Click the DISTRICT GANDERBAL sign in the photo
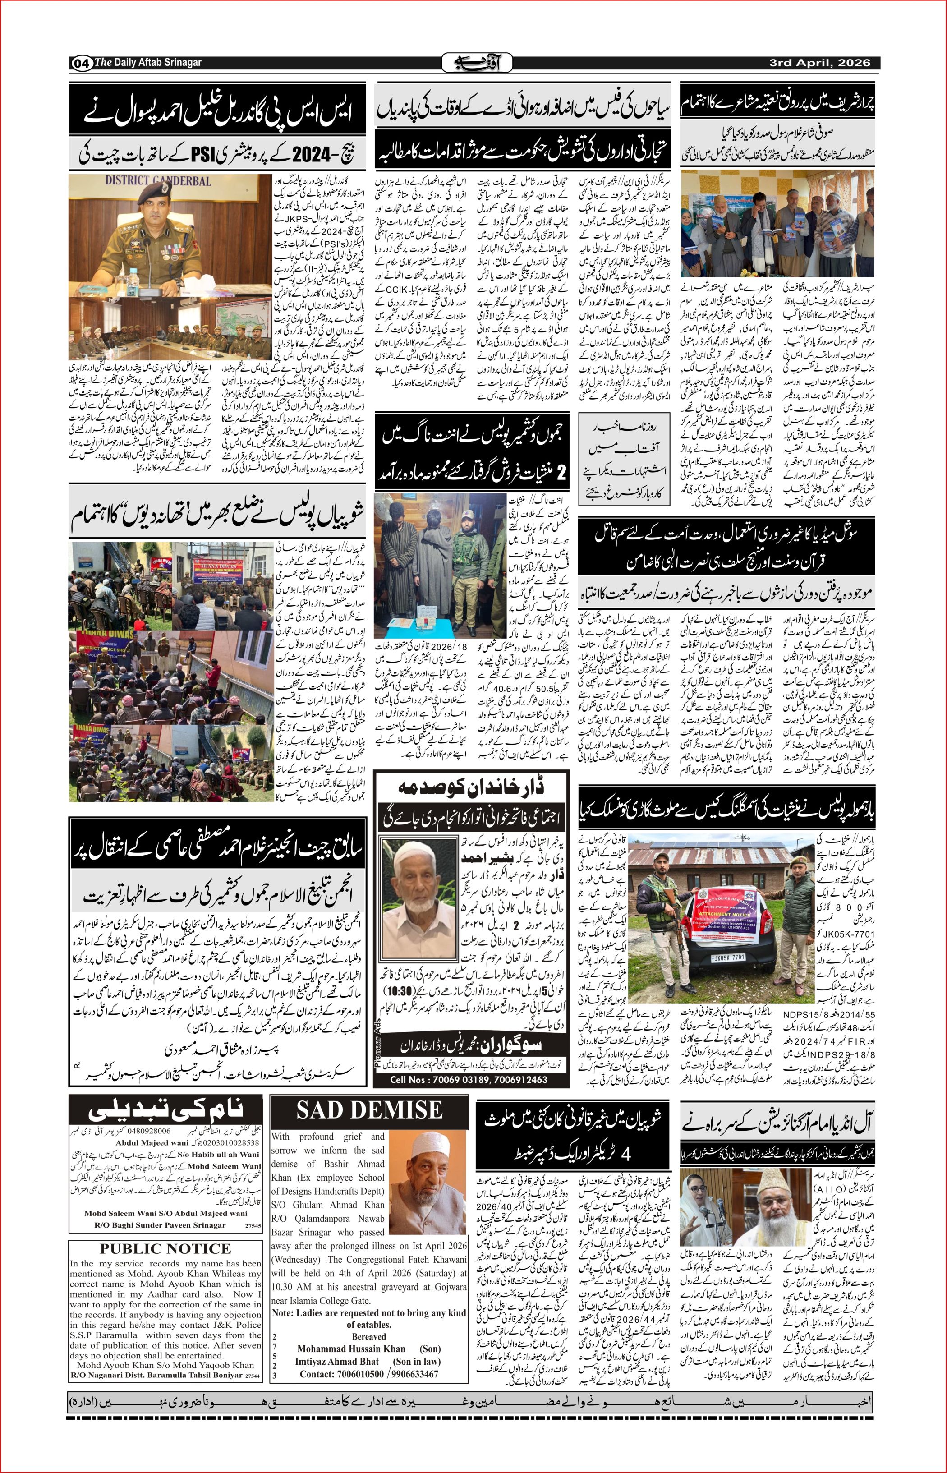click(x=157, y=181)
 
